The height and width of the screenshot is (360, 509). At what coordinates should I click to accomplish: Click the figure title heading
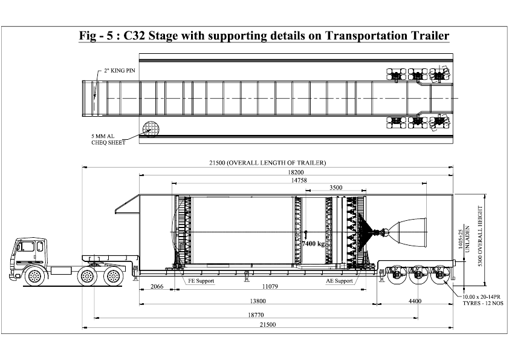click(x=264, y=36)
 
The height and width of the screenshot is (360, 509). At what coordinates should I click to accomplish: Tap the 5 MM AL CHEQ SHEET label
click(x=108, y=139)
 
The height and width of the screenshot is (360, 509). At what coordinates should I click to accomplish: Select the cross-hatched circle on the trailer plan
click(x=149, y=128)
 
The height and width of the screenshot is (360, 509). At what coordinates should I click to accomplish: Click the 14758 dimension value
click(x=296, y=180)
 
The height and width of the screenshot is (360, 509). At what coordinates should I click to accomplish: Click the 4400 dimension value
click(x=415, y=301)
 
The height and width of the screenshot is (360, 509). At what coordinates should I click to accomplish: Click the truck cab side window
click(x=27, y=247)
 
